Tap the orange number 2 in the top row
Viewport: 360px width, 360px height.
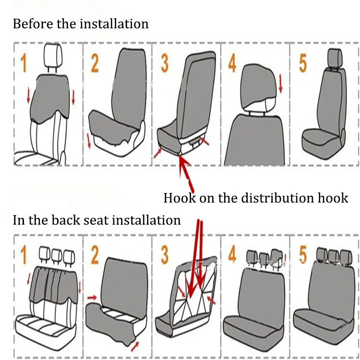point(95,62)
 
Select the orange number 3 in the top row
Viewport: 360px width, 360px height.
point(165,62)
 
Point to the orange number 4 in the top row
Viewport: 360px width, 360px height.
point(232,63)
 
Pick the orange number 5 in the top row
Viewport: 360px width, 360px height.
point(303,63)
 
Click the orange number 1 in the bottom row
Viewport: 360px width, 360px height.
point(23,255)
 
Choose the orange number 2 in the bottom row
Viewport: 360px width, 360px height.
point(95,255)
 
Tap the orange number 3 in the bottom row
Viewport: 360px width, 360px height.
point(165,255)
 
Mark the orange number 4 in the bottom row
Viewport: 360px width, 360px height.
point(232,255)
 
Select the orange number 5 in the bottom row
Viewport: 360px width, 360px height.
point(303,255)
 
